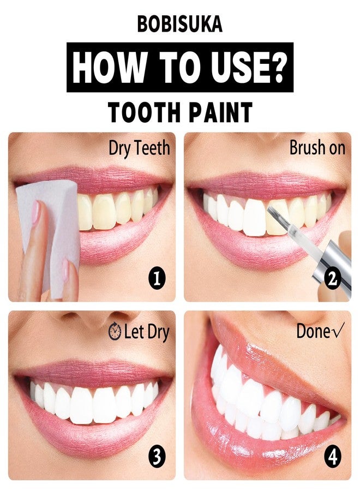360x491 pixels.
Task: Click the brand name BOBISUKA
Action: coord(179,25)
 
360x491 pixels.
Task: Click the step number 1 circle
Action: coord(157,278)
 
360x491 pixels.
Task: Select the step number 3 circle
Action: coord(157,457)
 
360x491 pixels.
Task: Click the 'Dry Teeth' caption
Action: coord(139,148)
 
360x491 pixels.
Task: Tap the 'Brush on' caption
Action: coord(317,147)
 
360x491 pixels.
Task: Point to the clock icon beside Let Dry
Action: coord(115,332)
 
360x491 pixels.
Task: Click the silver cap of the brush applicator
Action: coord(332,265)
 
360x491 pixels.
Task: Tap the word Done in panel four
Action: coord(312,331)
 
